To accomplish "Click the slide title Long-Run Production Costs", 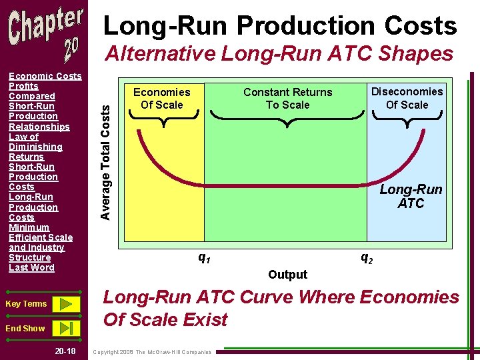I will point(280,25).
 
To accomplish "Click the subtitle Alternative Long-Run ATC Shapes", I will point(279,53).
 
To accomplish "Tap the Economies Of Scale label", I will point(161,98).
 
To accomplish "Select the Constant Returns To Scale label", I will point(287,98).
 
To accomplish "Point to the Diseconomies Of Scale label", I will point(407,97).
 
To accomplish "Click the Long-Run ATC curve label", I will point(411,196).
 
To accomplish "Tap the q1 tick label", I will point(205,257).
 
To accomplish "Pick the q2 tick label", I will point(367,257).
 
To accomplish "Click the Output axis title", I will point(287,274).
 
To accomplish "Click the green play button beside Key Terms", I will point(65,304).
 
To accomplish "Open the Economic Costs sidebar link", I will point(45,76).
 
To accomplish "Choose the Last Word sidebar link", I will point(31,267).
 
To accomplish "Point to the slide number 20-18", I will point(66,351).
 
